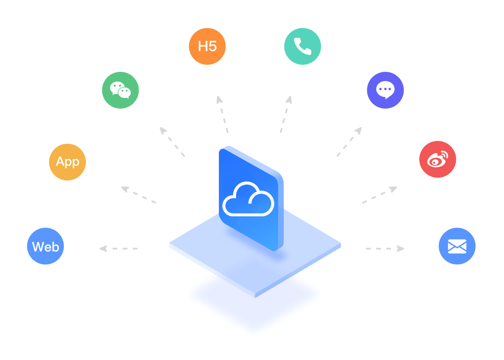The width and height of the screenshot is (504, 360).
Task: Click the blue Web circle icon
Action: coord(45,246)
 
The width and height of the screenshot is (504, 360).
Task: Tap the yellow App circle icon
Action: coord(68,162)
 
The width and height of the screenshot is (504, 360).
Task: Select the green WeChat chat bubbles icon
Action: coord(120,90)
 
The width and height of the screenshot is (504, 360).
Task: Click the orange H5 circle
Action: coord(207,46)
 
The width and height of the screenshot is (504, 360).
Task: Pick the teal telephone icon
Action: coord(302,46)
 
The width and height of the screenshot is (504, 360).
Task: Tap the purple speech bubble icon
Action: coord(385,90)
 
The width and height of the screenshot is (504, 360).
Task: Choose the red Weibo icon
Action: coord(437,159)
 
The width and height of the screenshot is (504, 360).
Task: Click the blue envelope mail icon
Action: coord(457,246)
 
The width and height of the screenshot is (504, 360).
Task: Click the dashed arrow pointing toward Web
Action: coord(118,249)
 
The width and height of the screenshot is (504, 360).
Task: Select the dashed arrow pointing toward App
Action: coord(139,194)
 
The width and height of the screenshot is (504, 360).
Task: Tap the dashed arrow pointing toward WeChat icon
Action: coord(172,142)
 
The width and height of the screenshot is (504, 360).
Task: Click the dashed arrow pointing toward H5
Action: coord(222,114)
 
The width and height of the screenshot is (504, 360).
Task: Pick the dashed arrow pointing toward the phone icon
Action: coord(286,114)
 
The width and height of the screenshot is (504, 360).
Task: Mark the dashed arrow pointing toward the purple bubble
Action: coord(350,142)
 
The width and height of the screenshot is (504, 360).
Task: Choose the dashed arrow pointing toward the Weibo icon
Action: coord(379,194)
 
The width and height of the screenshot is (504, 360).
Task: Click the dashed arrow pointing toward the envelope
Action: coord(385,249)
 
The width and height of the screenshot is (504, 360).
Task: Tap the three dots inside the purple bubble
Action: coord(385,89)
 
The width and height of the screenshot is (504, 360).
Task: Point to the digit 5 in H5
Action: coord(212,46)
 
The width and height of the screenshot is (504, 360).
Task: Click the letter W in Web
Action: coord(38,247)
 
